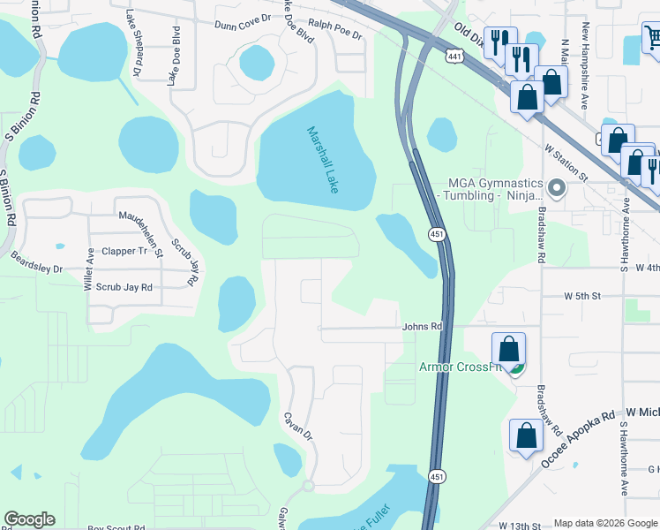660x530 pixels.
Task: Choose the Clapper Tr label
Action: (x=124, y=251)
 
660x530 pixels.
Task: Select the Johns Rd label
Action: (x=422, y=327)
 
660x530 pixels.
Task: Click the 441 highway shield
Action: (x=454, y=57)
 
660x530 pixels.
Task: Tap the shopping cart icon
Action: (x=653, y=38)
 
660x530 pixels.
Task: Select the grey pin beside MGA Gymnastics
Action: (x=556, y=188)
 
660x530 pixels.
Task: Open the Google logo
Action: (x=29, y=520)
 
